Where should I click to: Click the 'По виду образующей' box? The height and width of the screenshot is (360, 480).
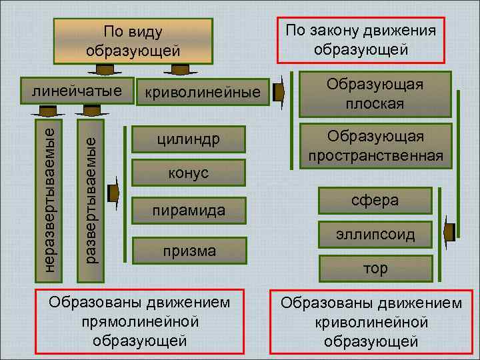click(133, 41)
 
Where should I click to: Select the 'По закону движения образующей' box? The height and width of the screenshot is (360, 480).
click(361, 39)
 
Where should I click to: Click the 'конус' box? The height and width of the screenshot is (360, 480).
click(189, 173)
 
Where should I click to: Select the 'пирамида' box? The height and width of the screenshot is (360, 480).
click(189, 211)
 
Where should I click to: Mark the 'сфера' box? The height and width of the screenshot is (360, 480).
click(375, 200)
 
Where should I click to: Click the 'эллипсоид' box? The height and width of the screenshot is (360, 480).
click(375, 235)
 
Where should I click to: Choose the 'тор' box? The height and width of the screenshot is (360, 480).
click(375, 268)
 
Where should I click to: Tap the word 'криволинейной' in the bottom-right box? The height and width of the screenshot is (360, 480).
click(371, 322)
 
